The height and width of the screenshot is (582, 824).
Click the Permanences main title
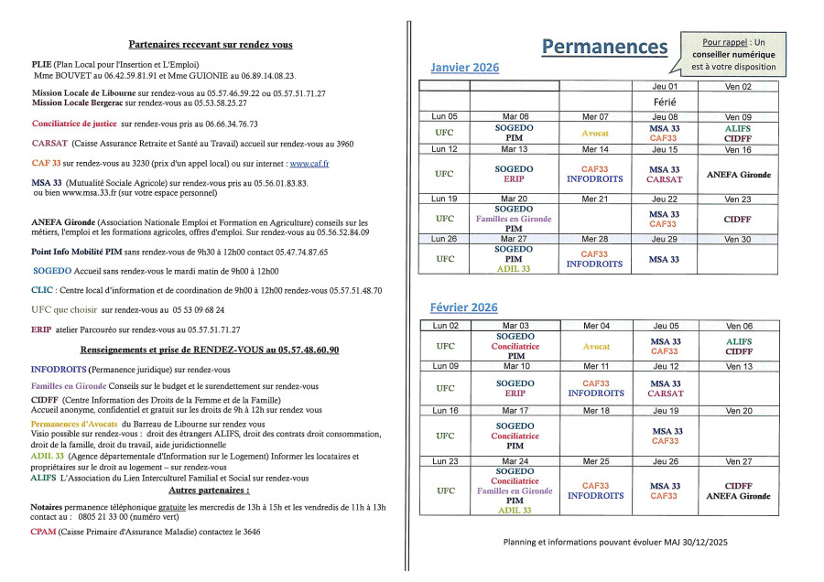[604, 47]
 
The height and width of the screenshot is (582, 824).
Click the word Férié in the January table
[665, 102]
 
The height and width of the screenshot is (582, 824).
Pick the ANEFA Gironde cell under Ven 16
[738, 174]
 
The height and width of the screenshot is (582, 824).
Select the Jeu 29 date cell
[665, 239]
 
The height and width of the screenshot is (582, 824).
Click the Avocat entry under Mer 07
[595, 134]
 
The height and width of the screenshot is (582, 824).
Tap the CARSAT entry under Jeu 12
[665, 393]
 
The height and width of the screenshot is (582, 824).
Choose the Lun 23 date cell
[445, 461]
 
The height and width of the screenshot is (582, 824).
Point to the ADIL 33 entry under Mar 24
[514, 511]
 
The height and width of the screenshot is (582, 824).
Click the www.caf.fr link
[309, 163]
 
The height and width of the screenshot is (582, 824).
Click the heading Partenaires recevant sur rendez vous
[211, 45]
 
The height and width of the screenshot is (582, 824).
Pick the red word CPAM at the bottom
[43, 532]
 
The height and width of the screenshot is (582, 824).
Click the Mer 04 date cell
[595, 326]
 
